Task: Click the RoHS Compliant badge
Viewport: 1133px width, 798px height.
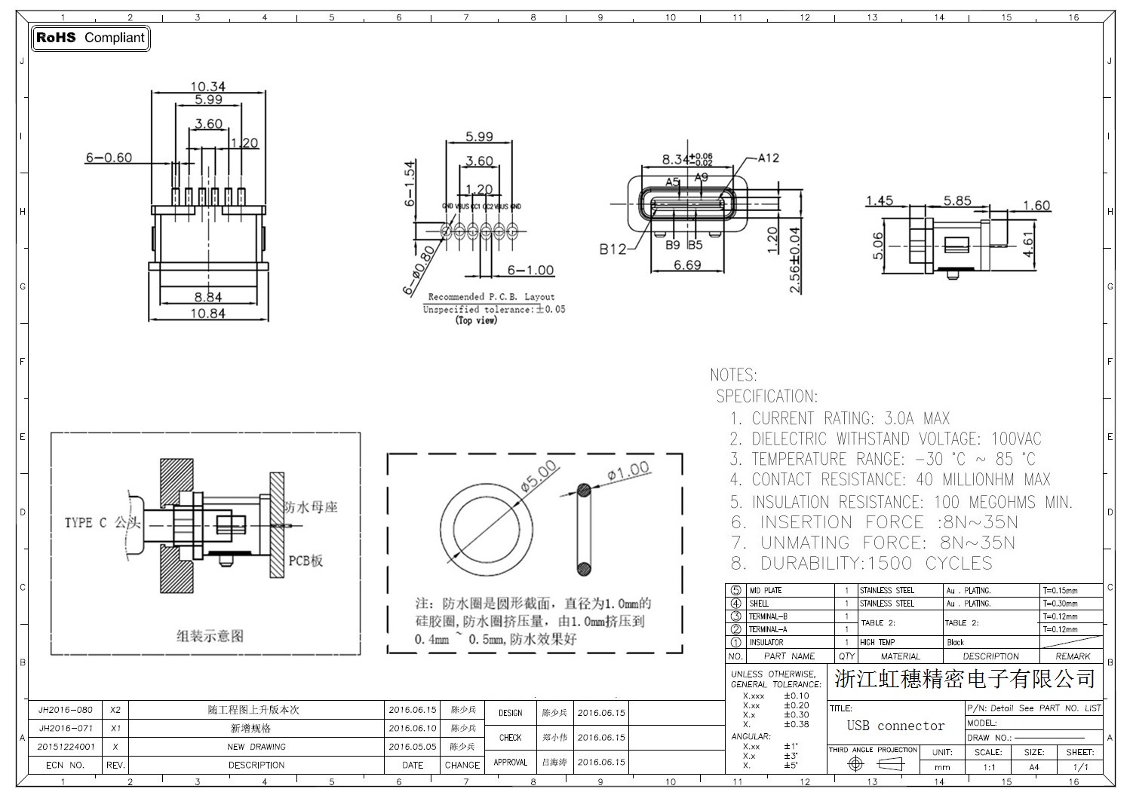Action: [91, 38]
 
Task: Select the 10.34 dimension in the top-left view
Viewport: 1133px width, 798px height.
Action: [208, 87]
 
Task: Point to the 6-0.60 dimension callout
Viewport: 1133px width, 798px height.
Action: [109, 157]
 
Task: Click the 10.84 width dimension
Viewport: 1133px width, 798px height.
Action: [208, 313]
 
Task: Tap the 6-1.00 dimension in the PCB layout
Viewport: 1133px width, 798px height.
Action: [530, 270]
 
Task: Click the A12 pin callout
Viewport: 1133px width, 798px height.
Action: [768, 157]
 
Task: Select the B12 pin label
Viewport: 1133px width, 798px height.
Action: [613, 249]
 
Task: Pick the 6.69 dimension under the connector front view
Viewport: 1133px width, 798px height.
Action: [687, 264]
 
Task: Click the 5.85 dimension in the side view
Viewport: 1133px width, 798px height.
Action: [957, 200]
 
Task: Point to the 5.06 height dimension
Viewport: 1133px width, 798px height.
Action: [877, 245]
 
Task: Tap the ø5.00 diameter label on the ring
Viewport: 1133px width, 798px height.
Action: [539, 476]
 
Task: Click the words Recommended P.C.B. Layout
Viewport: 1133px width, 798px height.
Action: [491, 297]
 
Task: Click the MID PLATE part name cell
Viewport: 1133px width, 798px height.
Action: [765, 590]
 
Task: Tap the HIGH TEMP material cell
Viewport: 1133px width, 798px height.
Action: [877, 642]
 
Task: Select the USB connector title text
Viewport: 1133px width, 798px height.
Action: [895, 726]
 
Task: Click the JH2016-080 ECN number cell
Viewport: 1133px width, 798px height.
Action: [66, 710]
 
